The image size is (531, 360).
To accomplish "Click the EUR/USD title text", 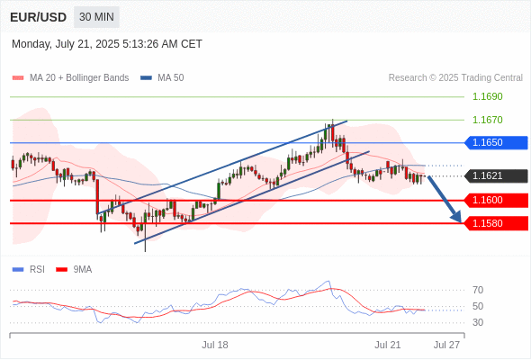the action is (x=39, y=17).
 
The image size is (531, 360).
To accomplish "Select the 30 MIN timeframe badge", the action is (x=96, y=17).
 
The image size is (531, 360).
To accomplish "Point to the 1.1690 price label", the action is (x=487, y=96).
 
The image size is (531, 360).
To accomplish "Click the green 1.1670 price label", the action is (x=487, y=120).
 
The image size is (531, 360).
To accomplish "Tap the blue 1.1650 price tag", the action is (x=496, y=142).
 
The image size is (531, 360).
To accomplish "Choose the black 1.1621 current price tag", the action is (x=496, y=176).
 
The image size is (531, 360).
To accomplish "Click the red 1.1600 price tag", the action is (x=496, y=200).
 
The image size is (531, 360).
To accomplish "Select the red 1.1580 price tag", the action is (x=496, y=223).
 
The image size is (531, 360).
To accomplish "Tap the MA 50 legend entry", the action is (x=162, y=78).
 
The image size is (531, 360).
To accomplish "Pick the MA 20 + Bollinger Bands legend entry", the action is (x=70, y=78).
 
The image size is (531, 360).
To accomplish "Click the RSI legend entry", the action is (x=29, y=270).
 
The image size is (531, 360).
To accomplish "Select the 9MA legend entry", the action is (x=74, y=270).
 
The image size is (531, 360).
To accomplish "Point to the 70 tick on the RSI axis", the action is (x=478, y=290).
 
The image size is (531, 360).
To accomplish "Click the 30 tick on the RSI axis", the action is (x=478, y=322).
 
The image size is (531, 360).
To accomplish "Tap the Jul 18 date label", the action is (x=215, y=345).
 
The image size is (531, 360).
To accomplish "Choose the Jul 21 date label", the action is (x=388, y=345).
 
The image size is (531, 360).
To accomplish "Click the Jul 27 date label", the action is (x=447, y=345).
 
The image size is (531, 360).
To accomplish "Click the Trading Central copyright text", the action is (x=455, y=78).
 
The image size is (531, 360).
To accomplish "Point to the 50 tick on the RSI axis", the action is (x=478, y=306).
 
